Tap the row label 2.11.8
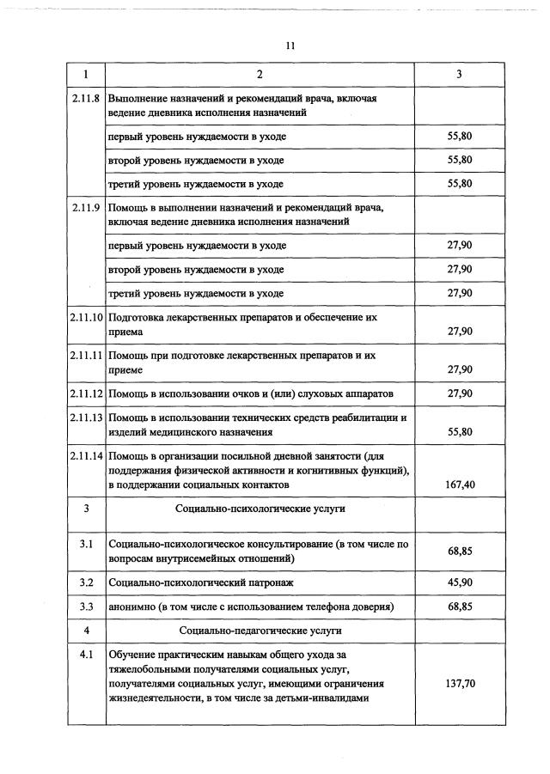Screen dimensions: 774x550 pyautogui.click(x=87, y=99)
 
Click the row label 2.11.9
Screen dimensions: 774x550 pyautogui.click(x=87, y=207)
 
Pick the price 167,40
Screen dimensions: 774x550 pyautogui.click(x=460, y=485)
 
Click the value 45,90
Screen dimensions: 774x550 pyautogui.click(x=460, y=583)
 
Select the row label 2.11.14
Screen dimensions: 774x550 pyautogui.click(x=87, y=454)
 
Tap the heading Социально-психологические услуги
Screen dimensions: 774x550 pyautogui.click(x=260, y=509)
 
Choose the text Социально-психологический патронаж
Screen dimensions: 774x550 pyautogui.click(x=201, y=583)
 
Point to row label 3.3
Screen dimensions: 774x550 pyautogui.click(x=86, y=607)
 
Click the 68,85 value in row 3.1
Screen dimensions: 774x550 pyautogui.click(x=460, y=551)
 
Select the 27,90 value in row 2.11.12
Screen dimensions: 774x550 pyautogui.click(x=460, y=393)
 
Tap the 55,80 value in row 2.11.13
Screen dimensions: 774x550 pyautogui.click(x=460, y=432)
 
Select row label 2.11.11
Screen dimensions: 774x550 pyautogui.click(x=87, y=355)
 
